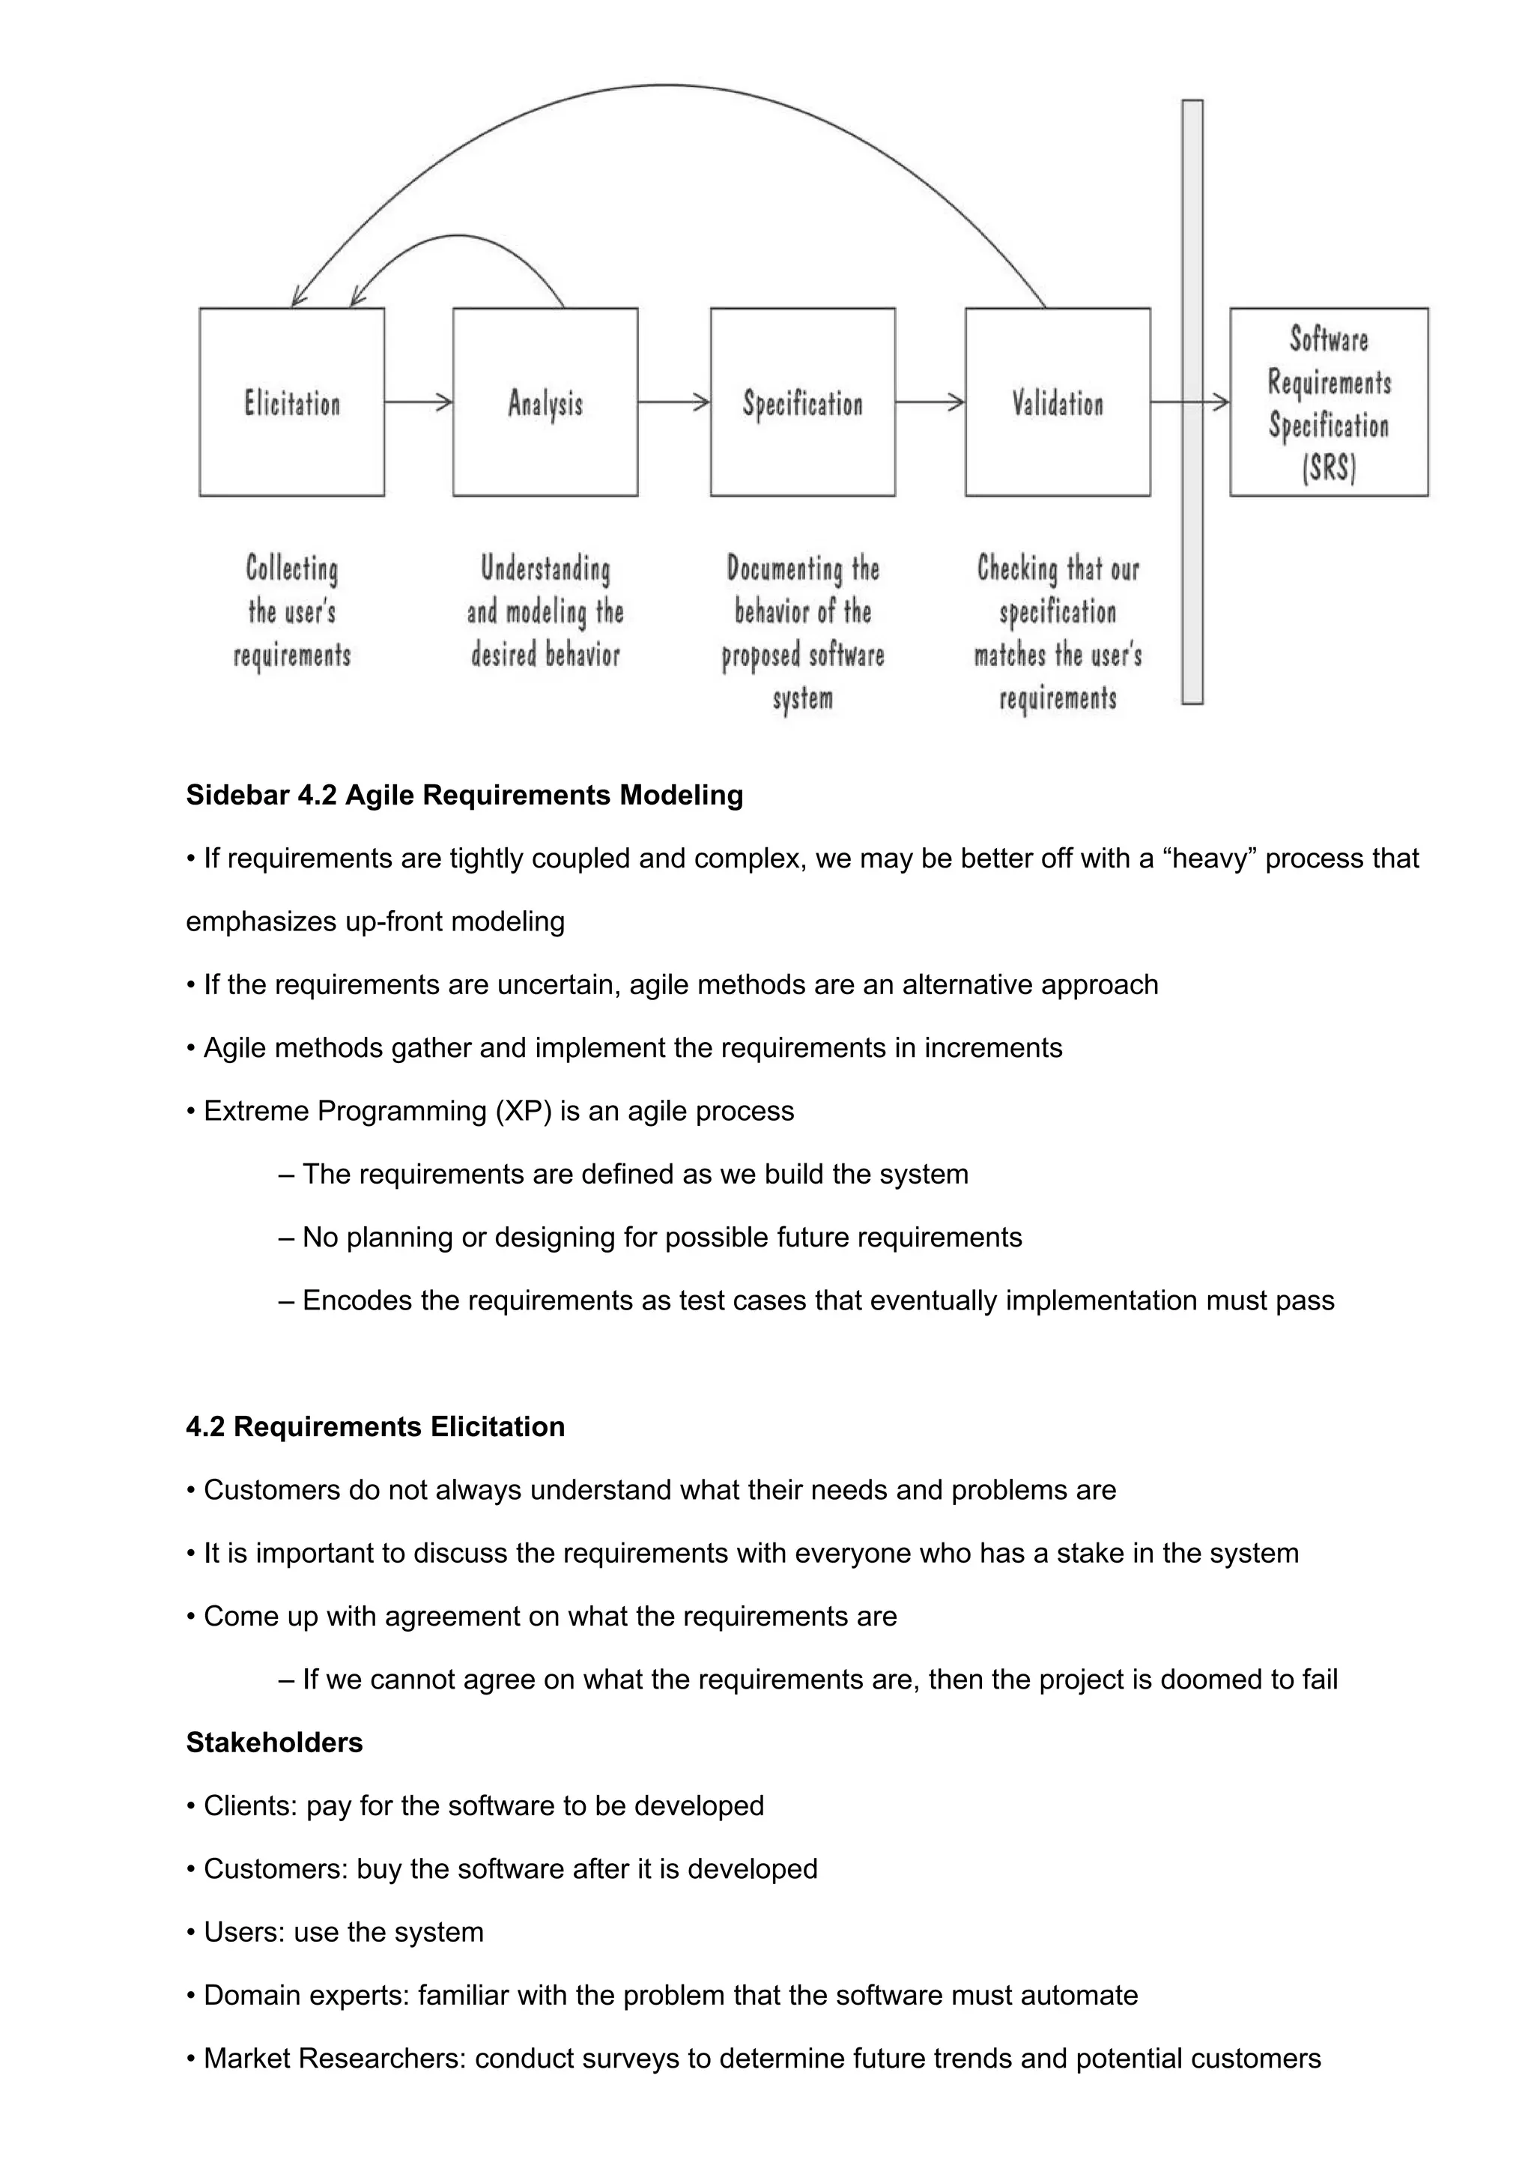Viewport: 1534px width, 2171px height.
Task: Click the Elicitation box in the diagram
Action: pyautogui.click(x=291, y=402)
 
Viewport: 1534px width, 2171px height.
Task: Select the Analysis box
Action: pyautogui.click(x=545, y=402)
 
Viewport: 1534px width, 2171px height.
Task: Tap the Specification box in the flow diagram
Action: pyautogui.click(x=801, y=402)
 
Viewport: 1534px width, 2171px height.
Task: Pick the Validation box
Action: pyautogui.click(x=1057, y=402)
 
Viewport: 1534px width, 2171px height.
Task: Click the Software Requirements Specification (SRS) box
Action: pyautogui.click(x=1328, y=402)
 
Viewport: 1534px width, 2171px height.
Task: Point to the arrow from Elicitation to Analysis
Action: pyautogui.click(x=418, y=403)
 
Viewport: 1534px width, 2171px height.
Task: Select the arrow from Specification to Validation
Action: pyautogui.click(x=929, y=403)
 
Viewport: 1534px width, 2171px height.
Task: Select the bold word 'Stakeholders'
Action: pyautogui.click(x=274, y=1742)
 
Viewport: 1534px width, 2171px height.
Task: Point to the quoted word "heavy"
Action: pyautogui.click(x=1210, y=859)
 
